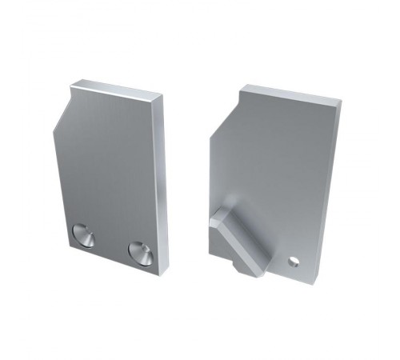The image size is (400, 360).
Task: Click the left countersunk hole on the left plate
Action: click(x=83, y=235)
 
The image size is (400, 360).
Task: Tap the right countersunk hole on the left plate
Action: click(x=141, y=253)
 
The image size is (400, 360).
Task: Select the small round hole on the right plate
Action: click(x=294, y=261)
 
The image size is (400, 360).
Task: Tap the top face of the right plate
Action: click(x=292, y=94)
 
